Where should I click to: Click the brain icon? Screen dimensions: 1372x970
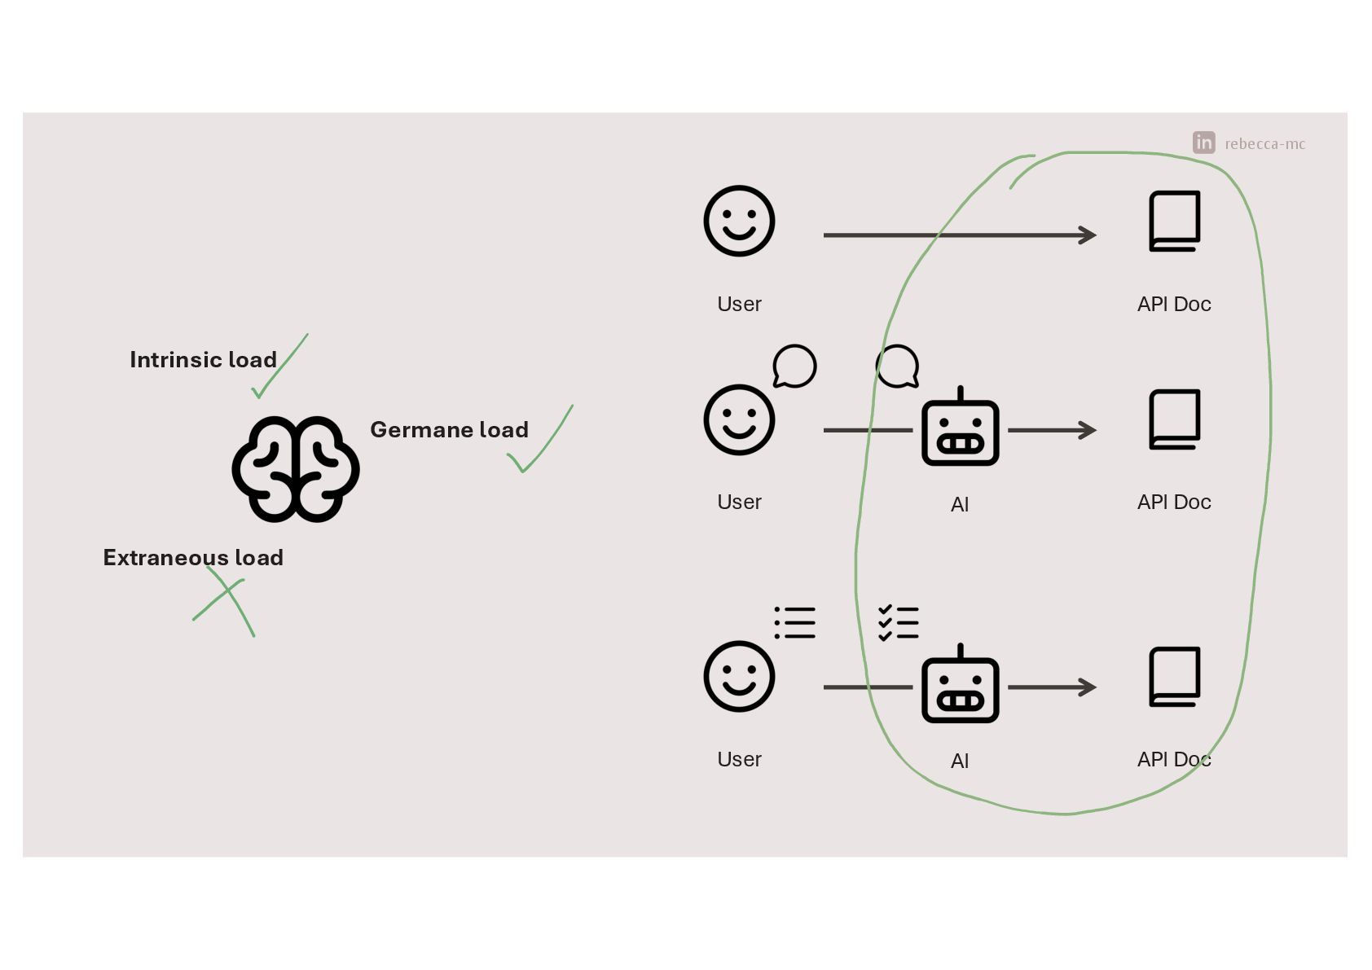pos(296,469)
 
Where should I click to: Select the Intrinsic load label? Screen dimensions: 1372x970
pos(203,360)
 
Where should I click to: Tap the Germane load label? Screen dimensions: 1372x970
pos(449,430)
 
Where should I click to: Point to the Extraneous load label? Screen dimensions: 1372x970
pos(193,558)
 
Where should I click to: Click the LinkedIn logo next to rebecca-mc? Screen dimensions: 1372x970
pos(1203,143)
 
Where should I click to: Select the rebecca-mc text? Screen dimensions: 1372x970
pos(1264,144)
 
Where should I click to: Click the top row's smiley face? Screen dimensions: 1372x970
pos(739,221)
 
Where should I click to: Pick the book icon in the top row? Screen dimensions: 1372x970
pos(1174,221)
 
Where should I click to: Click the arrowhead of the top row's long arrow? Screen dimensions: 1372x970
pos(1088,235)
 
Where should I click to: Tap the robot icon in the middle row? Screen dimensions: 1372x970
pos(960,428)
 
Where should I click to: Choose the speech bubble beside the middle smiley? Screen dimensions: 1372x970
pos(794,366)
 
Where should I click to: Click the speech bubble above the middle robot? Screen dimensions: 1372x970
pos(898,366)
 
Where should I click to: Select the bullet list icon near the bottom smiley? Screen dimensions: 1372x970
pos(795,623)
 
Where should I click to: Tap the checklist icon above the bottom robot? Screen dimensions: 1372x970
pos(899,623)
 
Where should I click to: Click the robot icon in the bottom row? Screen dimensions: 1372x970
pos(960,685)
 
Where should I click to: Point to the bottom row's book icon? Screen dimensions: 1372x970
pos(1174,676)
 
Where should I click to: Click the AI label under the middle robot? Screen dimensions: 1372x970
pos(960,505)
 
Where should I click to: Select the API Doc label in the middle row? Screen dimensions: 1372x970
pos(1174,503)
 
